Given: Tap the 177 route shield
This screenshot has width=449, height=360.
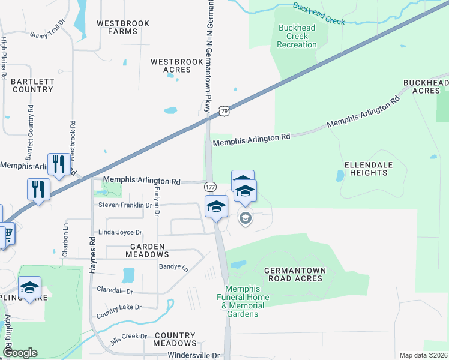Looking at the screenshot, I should coord(210,187).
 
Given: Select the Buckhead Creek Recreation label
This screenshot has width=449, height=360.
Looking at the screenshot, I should coord(297,36).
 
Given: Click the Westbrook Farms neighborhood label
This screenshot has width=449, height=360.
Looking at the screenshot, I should coord(118,27).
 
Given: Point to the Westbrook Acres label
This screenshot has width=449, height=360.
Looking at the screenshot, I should coord(170,65).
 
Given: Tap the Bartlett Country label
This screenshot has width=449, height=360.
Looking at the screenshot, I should coord(32,85).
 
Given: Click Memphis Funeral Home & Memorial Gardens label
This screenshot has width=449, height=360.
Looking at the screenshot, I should coord(239,301).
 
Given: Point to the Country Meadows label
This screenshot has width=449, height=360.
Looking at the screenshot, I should coord(175,339).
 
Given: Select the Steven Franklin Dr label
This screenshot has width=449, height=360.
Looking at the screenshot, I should coord(125,205).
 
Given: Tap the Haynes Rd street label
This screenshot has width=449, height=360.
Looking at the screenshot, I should coord(93,256).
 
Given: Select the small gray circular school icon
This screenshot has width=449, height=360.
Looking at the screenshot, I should coord(245,218).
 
